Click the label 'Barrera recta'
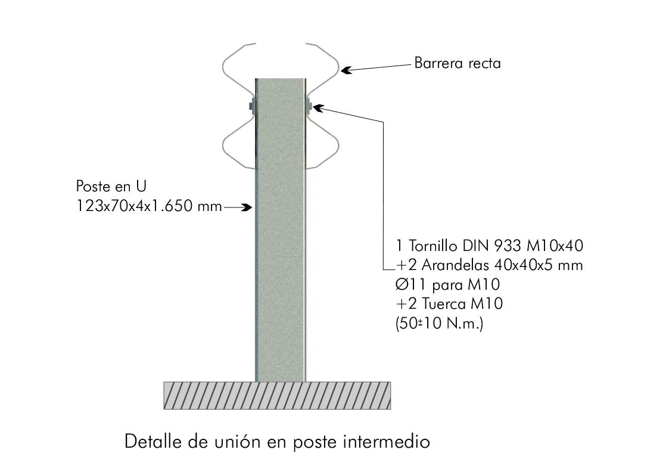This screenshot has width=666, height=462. [x=457, y=63]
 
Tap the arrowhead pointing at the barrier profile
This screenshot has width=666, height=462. [x=346, y=71]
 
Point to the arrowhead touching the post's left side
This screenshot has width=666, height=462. [x=250, y=207]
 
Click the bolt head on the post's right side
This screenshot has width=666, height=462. [x=310, y=107]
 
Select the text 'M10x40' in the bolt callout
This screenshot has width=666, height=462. [x=560, y=246]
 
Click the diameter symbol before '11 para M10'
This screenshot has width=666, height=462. [x=402, y=284]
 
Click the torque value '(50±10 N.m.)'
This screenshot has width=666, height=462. [x=439, y=323]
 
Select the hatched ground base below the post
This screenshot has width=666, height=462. [x=277, y=396]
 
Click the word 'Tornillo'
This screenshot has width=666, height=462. [x=432, y=246]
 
